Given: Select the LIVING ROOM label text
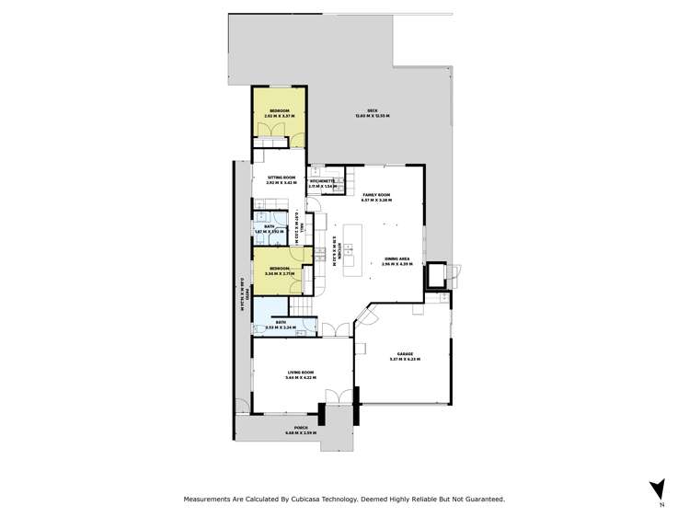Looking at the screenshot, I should point(300,372).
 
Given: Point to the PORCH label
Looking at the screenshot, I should point(300,428).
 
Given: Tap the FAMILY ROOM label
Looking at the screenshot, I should point(377,195).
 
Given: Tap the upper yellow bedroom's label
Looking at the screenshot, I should point(279,110).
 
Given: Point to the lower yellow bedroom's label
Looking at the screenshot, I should point(281,269).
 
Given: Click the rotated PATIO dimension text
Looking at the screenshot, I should point(241,295).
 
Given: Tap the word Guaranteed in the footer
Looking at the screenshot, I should point(484,499).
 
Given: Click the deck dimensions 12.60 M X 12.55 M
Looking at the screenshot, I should point(373,117).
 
